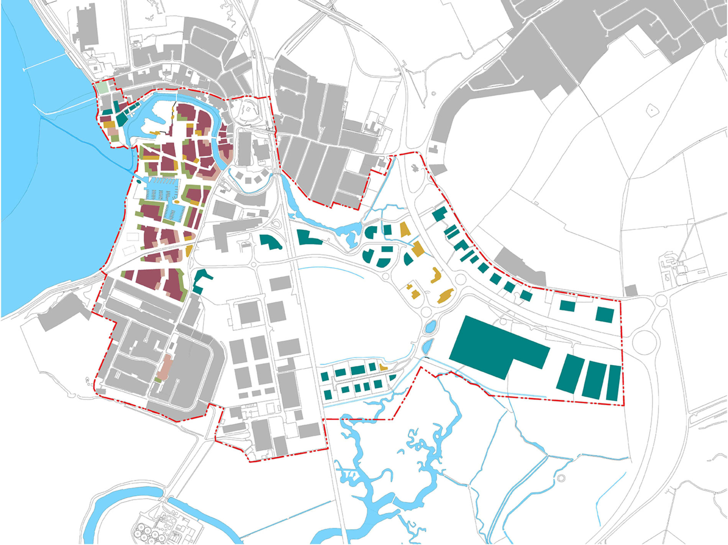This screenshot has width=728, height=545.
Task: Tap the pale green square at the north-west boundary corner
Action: (102, 88)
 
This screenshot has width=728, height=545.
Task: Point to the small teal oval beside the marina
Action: (138, 177)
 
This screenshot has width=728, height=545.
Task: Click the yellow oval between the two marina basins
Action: (177, 201)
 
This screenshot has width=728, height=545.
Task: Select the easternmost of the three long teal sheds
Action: (614, 383)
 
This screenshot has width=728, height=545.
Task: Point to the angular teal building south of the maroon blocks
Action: (201, 280)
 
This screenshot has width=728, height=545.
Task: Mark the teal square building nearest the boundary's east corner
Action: (605, 315)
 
